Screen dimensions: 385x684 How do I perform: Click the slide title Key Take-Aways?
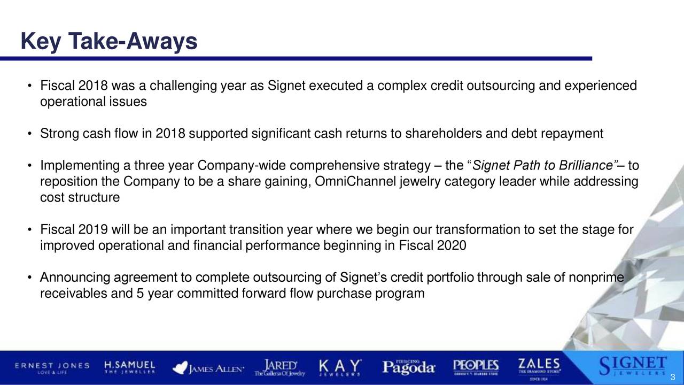[x=109, y=41]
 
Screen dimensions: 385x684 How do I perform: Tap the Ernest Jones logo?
[x=52, y=368]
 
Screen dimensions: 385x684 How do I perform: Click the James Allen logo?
[x=208, y=368]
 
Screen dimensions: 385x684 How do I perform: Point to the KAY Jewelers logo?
[x=340, y=368]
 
